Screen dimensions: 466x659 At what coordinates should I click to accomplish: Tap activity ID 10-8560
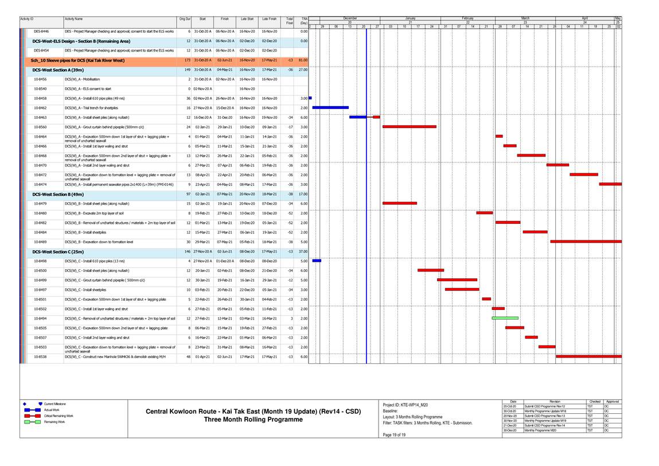40,127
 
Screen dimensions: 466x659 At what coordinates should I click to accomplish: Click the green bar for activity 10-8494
505,318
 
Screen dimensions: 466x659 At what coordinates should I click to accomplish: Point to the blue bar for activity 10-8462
330,107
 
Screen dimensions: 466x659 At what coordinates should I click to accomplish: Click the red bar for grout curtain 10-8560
409,127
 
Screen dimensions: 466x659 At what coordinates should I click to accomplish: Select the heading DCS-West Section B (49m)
58,194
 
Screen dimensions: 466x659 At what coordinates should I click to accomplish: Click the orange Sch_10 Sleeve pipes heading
77,60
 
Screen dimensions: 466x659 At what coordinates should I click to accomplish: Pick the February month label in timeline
468,18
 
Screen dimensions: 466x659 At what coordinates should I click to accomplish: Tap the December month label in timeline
349,18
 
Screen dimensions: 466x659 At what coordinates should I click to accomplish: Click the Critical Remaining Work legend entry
58,415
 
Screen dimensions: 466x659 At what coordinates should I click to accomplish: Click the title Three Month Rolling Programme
253,420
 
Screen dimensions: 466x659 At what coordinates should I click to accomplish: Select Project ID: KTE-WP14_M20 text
405,405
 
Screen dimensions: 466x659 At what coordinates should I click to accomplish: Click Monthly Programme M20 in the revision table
540,430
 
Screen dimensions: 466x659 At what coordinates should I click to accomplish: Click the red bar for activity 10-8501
486,299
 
